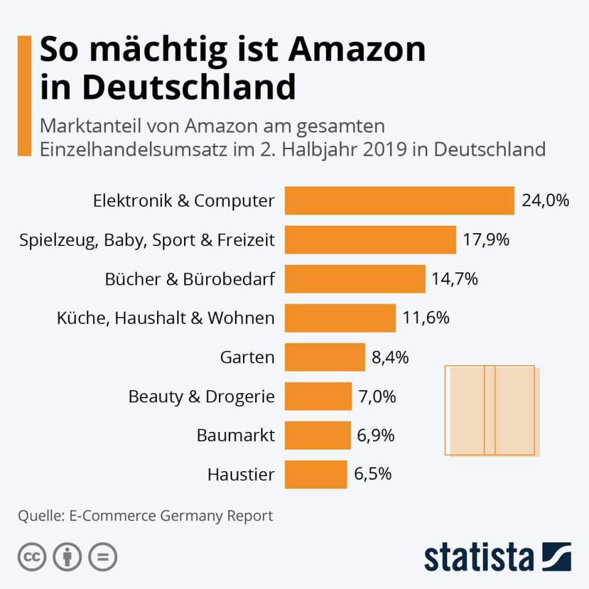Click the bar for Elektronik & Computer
coord(399,201)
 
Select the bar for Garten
coord(325,357)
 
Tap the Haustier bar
coord(315,474)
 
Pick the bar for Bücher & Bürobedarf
coord(355,279)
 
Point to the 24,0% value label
coord(545,201)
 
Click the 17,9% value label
coord(486,240)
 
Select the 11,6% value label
coord(426,318)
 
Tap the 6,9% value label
coord(375,436)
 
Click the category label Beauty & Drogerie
coord(201,396)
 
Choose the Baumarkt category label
coord(236,436)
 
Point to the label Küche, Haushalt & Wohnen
coord(166,318)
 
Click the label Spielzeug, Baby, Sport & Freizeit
coord(147,240)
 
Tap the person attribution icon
coord(67,557)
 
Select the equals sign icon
coord(102,557)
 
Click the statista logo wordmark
coord(479,557)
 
